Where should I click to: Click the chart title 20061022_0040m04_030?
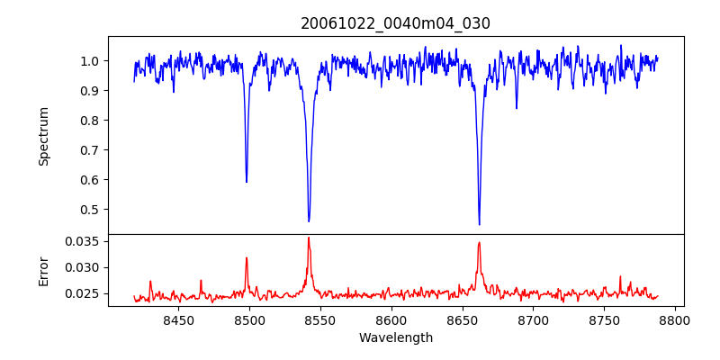coord(395,23)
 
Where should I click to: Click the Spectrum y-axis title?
coord(43,136)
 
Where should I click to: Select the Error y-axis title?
coord(43,270)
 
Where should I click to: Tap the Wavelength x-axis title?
coord(395,338)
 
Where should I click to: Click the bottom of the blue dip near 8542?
coord(309,221)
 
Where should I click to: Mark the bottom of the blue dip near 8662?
coord(479,224)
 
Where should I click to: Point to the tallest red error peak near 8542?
coord(308,238)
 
